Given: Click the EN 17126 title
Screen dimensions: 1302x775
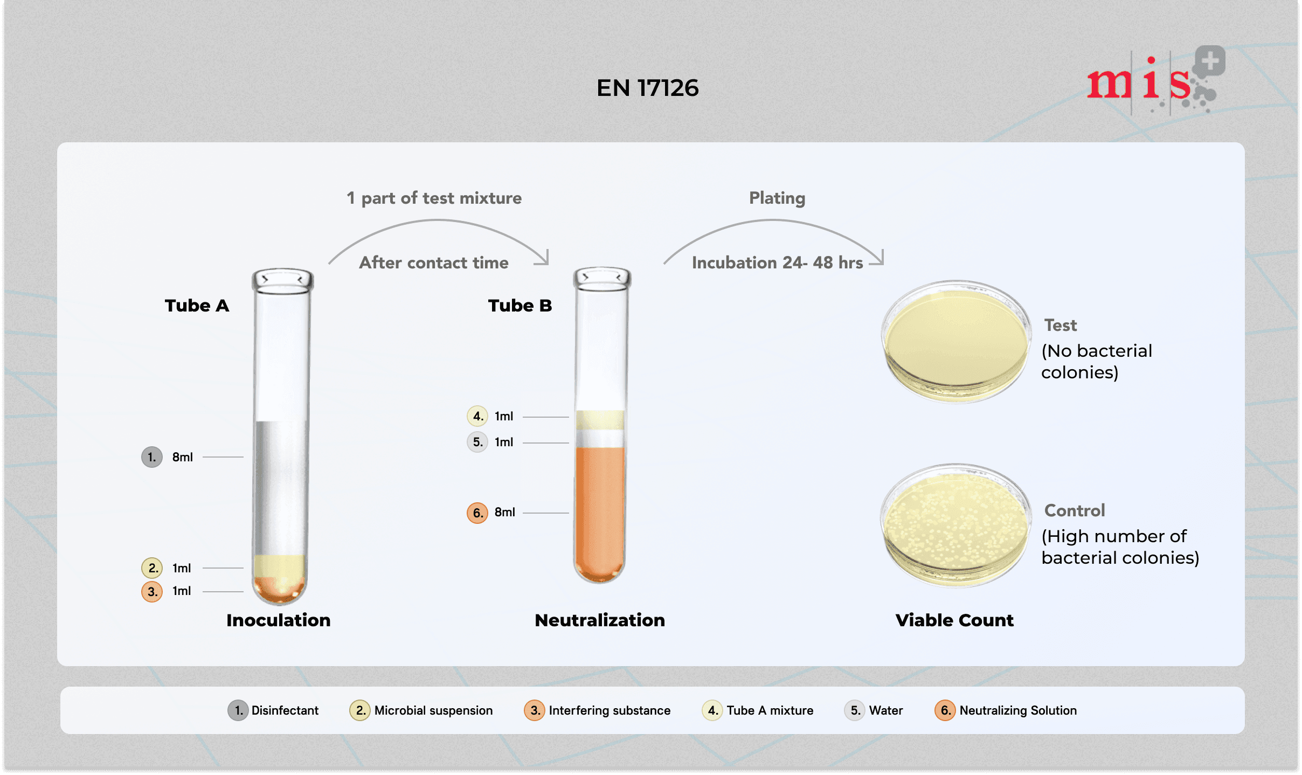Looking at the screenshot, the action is (x=647, y=88).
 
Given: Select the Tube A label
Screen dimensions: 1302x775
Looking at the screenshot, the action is (x=197, y=306).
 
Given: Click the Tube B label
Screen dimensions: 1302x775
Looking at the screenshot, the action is (x=520, y=306).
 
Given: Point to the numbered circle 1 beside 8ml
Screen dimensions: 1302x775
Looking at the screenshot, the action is (x=152, y=457).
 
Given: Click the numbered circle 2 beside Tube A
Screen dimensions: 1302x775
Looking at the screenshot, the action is (x=152, y=568).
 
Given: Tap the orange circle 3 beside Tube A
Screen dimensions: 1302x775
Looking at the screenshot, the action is (x=152, y=591).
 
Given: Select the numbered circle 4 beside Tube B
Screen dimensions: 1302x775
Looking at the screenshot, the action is (x=477, y=416).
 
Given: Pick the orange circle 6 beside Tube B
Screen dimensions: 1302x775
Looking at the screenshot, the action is (x=477, y=513).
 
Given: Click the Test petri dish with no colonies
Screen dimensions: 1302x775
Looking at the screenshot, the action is (x=956, y=342).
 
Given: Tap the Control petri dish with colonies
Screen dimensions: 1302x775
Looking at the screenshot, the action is (x=956, y=525).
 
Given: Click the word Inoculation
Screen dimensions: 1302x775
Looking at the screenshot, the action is (x=278, y=620).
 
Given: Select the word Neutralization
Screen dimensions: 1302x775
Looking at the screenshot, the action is (x=600, y=620).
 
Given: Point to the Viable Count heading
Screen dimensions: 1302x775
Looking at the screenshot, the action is (x=954, y=620).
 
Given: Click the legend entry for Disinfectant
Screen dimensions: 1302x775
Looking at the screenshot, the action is (x=273, y=710).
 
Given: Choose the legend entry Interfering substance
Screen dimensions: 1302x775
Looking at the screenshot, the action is (x=597, y=710).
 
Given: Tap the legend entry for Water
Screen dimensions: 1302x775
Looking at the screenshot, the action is (x=874, y=710).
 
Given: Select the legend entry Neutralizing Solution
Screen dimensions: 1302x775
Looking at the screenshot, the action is (x=1006, y=710).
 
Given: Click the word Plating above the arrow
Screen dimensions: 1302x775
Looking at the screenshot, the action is (x=777, y=198).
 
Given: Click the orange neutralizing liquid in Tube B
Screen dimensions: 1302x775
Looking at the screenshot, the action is (x=600, y=512).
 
